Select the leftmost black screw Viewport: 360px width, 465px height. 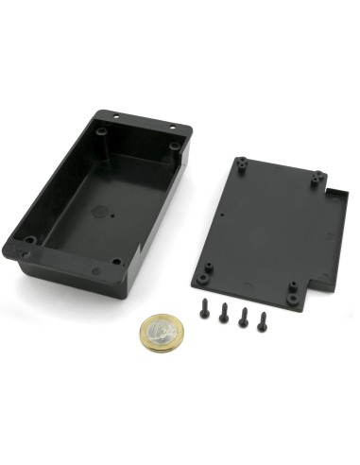[205, 309]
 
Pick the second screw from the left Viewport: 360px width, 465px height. [224, 314]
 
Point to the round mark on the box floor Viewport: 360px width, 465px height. [99, 211]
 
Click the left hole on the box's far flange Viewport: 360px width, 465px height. [115, 117]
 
